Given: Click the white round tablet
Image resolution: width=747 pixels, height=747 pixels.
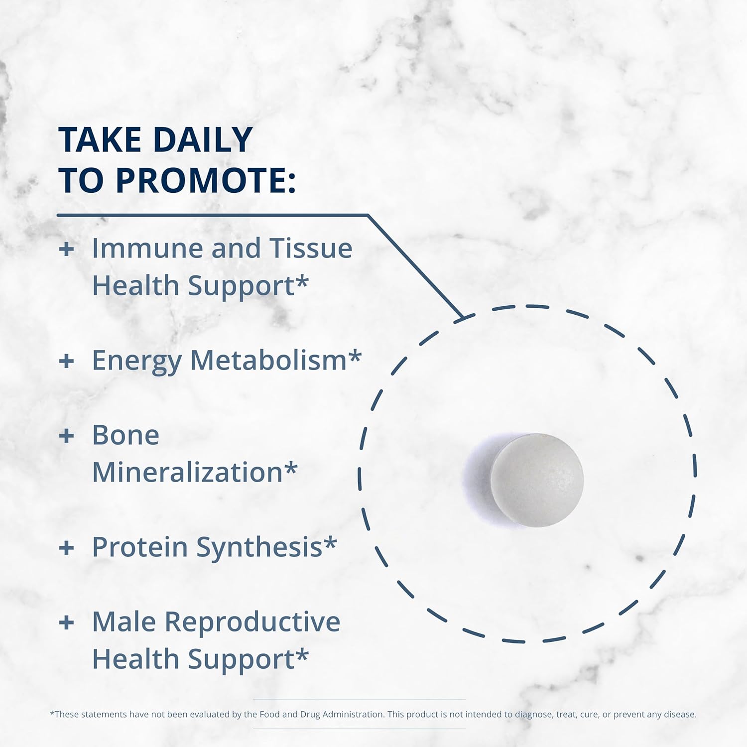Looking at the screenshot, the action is click(537, 480).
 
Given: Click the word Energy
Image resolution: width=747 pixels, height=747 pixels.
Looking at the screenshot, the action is click(137, 362).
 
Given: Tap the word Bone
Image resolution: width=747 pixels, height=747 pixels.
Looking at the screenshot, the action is click(126, 435).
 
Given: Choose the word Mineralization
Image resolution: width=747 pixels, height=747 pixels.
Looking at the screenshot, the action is click(188, 472).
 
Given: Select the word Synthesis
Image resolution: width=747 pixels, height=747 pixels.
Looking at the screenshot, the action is click(259, 548).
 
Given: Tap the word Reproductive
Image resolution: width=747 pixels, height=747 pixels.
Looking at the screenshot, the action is click(252, 623).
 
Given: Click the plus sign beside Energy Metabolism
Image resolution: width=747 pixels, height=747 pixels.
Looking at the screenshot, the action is click(66, 361).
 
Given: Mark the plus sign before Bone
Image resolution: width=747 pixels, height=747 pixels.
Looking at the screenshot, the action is click(66, 436).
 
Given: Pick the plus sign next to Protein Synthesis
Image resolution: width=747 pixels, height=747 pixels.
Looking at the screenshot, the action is click(66, 548).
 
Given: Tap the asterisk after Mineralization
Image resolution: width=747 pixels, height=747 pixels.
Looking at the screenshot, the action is click(291, 468).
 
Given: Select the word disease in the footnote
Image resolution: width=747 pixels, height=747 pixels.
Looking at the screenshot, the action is click(680, 714).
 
